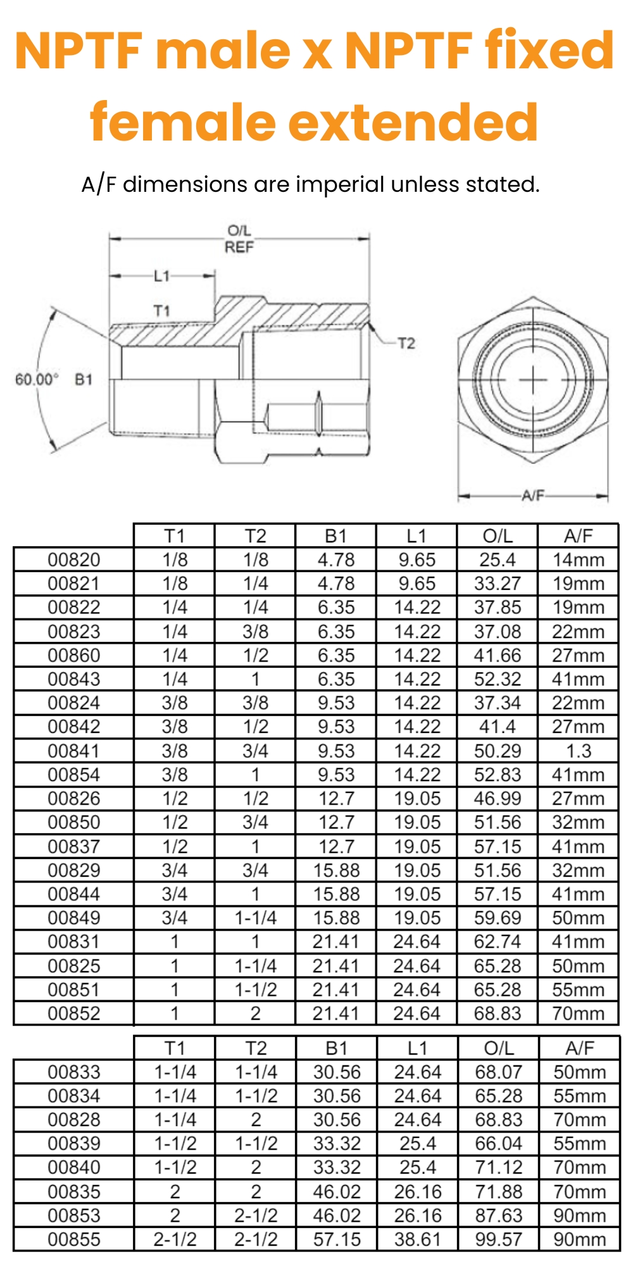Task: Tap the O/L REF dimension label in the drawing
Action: pyautogui.click(x=239, y=239)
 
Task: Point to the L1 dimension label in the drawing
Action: pyautogui.click(x=162, y=276)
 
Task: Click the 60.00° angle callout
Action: pyautogui.click(x=37, y=379)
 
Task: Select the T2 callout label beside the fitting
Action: pyautogui.click(x=406, y=343)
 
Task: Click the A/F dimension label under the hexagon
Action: pyautogui.click(x=533, y=495)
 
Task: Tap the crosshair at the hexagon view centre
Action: pyautogui.click(x=533, y=380)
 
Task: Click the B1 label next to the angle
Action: pyautogui.click(x=84, y=379)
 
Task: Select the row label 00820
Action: pyautogui.click(x=74, y=560)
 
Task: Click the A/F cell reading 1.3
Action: pyautogui.click(x=578, y=751)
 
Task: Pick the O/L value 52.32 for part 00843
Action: pyautogui.click(x=498, y=679)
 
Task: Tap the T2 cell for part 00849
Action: pyautogui.click(x=256, y=918)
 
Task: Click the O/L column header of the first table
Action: pyautogui.click(x=498, y=536)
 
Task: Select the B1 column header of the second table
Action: pyautogui.click(x=337, y=1048)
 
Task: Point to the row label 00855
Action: pyautogui.click(x=74, y=1239)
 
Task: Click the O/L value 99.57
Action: pyautogui.click(x=499, y=1239)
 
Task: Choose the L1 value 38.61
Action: pyautogui.click(x=418, y=1239)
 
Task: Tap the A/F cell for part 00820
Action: pyautogui.click(x=578, y=560)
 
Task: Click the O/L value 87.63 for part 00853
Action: pyautogui.click(x=499, y=1215)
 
